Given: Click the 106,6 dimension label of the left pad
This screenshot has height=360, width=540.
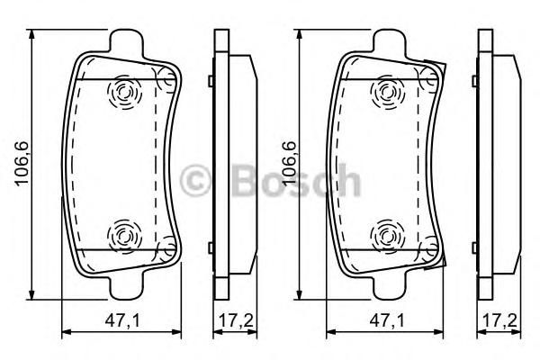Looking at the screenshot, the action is [22, 164].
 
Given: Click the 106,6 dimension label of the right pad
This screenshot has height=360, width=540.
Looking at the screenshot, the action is [289, 164].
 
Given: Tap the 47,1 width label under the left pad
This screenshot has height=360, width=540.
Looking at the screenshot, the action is [122, 321].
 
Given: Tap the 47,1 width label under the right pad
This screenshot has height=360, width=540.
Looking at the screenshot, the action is [387, 321].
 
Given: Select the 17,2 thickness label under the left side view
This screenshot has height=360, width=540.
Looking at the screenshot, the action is [236, 321].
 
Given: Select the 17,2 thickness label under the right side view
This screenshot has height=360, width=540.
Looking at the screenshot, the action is [500, 321].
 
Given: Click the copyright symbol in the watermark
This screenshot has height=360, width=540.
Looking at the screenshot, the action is [195, 181].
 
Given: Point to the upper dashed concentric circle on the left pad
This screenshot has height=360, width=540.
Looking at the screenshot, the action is [125, 93].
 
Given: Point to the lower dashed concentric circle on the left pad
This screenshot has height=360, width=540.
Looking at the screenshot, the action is [125, 237].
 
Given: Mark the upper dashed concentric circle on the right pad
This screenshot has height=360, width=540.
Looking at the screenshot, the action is [388, 93].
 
